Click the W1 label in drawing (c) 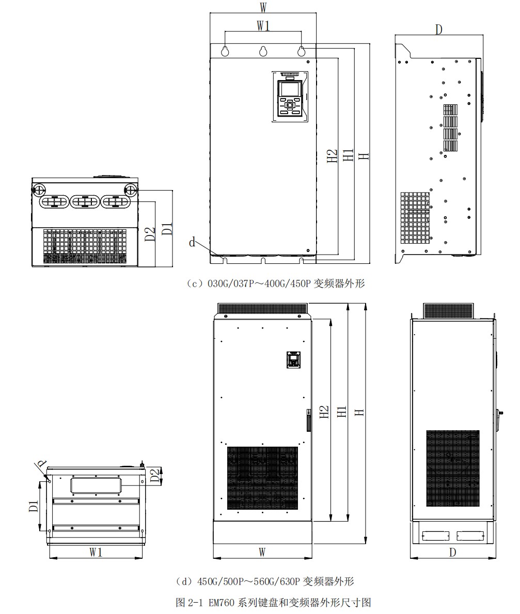point(263,26)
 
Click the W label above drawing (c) point(263,7)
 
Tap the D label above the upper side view point(438,29)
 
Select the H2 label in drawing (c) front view point(332,155)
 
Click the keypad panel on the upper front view point(290,97)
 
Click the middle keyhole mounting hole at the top point(263,51)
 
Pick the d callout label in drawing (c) point(192,242)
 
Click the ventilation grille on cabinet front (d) point(262,478)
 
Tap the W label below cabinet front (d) point(262,552)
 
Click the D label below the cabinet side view point(452,552)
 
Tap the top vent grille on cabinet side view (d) point(448,311)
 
